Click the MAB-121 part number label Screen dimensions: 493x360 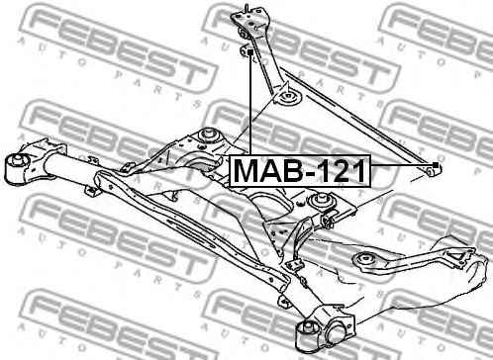(300, 170)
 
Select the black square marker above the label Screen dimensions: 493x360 (249, 52)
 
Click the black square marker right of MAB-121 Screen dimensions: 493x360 (436, 165)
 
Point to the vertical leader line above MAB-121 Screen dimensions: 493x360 (250, 105)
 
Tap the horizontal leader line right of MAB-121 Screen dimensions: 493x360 (402, 165)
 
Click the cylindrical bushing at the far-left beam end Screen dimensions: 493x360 (17, 168)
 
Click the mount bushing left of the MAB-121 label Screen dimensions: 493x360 (209, 135)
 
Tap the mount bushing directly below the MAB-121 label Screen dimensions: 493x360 (323, 201)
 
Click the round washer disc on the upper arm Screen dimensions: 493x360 (287, 98)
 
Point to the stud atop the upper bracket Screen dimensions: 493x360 (246, 9)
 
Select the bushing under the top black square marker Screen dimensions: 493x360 (245, 51)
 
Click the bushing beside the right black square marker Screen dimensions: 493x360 (431, 171)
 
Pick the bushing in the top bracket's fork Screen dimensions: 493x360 (244, 34)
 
